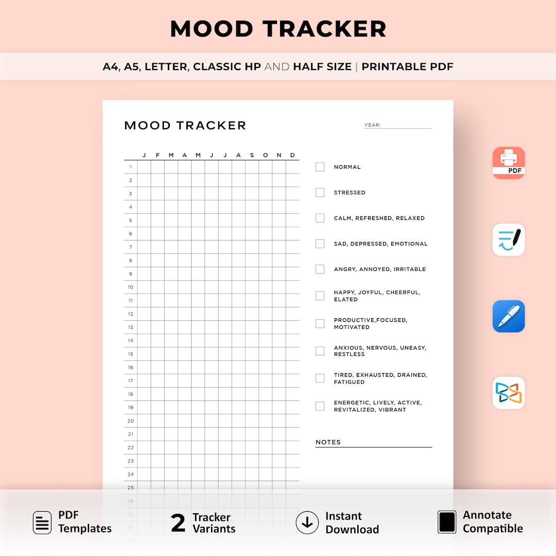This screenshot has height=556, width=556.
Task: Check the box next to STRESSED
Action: (320, 193)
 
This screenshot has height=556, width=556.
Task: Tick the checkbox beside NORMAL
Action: (320, 167)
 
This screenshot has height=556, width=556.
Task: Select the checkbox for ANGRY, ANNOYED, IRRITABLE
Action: (320, 269)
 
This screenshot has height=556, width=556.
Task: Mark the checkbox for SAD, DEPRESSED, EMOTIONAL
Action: (320, 244)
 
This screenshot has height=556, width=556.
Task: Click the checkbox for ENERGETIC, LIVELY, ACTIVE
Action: (320, 406)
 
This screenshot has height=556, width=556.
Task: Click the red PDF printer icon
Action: (509, 163)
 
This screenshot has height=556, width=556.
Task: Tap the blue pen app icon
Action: (509, 316)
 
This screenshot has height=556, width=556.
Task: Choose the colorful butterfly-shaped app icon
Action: (509, 393)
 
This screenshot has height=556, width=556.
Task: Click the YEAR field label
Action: (372, 125)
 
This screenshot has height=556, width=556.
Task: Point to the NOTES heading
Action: (328, 442)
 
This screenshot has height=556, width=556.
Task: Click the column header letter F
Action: (158, 155)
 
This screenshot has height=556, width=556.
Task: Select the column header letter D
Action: (292, 155)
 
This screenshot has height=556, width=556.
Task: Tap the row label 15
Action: (131, 354)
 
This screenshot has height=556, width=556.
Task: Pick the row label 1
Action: (131, 167)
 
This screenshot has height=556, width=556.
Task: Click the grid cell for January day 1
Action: (144, 167)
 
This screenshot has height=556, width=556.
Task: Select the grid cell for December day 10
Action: (292, 287)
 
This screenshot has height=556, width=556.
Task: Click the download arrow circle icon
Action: (307, 523)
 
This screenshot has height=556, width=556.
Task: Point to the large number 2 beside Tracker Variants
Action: (178, 523)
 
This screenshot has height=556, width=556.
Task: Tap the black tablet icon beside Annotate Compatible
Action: (447, 522)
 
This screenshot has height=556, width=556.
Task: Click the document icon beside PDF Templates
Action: (42, 523)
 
